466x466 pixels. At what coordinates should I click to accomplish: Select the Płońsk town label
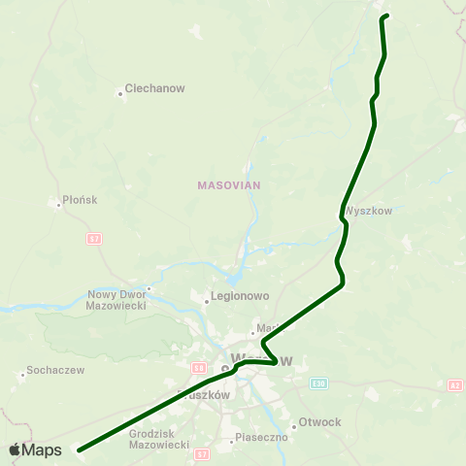pyautogui.click(x=80, y=200)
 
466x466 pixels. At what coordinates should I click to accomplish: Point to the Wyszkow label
pyautogui.click(x=367, y=210)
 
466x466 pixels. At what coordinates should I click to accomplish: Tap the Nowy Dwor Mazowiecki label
pyautogui.click(x=116, y=299)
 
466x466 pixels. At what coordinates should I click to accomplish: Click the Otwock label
pyautogui.click(x=320, y=422)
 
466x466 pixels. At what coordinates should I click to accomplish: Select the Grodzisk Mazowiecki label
pyautogui.click(x=159, y=439)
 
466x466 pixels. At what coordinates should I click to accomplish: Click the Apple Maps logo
pyautogui.click(x=35, y=449)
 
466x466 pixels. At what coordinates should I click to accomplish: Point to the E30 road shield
pyautogui.click(x=318, y=383)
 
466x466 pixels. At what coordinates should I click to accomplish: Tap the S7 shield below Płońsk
pyautogui.click(x=94, y=238)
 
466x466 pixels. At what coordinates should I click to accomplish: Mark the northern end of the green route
pyautogui.click(x=386, y=16)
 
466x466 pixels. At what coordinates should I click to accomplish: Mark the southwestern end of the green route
pyautogui.click(x=79, y=450)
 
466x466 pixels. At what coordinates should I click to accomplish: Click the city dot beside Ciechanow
pyautogui.click(x=120, y=94)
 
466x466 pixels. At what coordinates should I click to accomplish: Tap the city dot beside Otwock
pyautogui.click(x=294, y=423)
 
